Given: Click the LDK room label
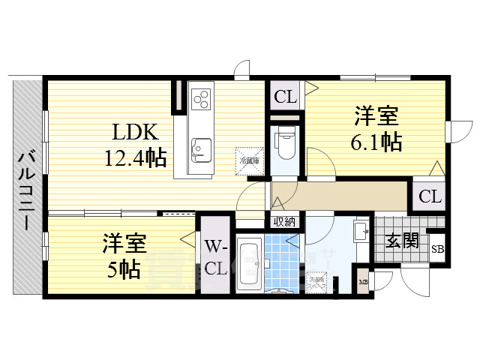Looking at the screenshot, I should click(x=135, y=133).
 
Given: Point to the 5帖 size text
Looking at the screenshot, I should click(x=124, y=269).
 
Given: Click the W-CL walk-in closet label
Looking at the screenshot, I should click(x=216, y=256).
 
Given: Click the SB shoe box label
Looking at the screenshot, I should click(x=436, y=250).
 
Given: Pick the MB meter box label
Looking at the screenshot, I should click(x=363, y=283).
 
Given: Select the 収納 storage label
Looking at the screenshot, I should click(x=283, y=221).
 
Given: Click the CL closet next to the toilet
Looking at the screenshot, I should click(x=284, y=95).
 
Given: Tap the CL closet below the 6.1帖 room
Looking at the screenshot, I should click(x=429, y=197).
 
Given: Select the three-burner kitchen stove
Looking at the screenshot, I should click(x=202, y=99).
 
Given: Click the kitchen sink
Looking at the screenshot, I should click(x=200, y=148).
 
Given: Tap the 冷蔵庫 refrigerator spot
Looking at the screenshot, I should click(x=249, y=160).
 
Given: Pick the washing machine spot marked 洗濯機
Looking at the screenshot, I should click(x=317, y=282).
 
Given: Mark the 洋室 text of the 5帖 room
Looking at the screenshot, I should click(x=124, y=244).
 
